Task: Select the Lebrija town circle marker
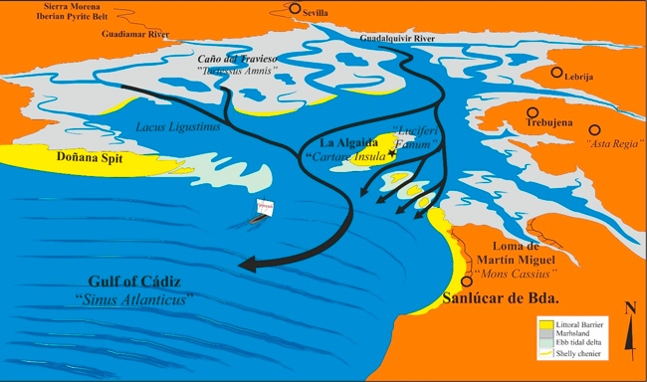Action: [x=558, y=74]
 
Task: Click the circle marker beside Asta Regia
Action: [x=595, y=129]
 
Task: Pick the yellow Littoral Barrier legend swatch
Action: [x=544, y=324]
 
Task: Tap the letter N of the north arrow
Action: [x=629, y=308]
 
